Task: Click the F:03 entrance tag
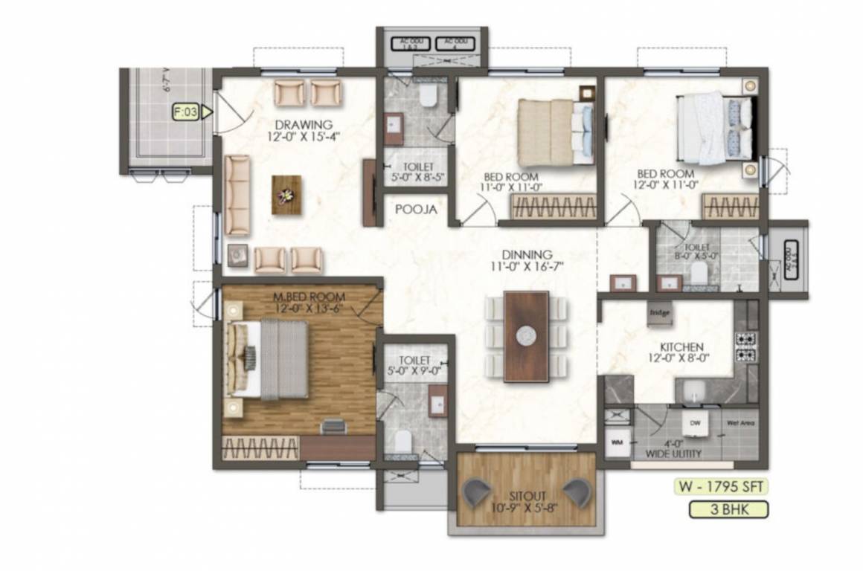point(187,113)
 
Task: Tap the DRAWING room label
point(303,124)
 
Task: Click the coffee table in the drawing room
point(286,195)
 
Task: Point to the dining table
point(526,336)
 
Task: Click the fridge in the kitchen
point(660,313)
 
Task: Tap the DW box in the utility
point(695,422)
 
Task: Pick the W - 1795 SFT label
point(719,488)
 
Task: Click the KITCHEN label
point(681,347)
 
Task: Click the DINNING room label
point(526,254)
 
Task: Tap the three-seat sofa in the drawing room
point(237,195)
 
